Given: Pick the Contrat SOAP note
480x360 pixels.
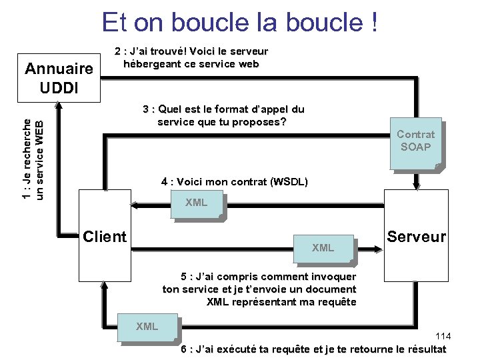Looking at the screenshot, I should [x=415, y=141].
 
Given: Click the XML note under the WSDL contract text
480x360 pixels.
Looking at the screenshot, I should [x=196, y=202].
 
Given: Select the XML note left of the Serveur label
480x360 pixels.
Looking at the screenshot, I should [x=323, y=248].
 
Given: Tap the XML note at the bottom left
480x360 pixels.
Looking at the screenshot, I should [x=147, y=326].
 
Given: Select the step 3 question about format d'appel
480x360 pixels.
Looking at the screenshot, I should [x=223, y=115].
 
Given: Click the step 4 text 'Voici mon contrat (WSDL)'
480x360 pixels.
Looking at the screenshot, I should [x=234, y=181].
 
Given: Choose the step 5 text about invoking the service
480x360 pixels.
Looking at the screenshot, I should [x=260, y=289].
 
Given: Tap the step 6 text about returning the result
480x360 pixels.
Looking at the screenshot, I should [x=313, y=349].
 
